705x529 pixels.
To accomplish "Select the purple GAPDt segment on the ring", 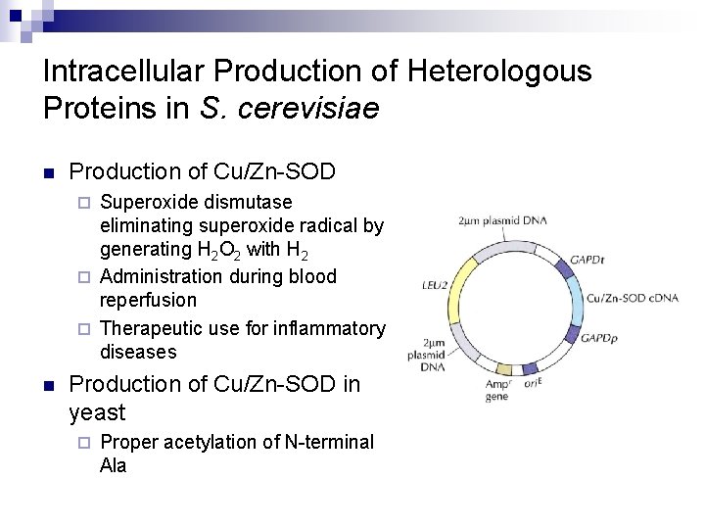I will (564, 264).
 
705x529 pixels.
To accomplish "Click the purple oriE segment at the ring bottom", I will (530, 370).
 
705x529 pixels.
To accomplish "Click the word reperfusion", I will (148, 301).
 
